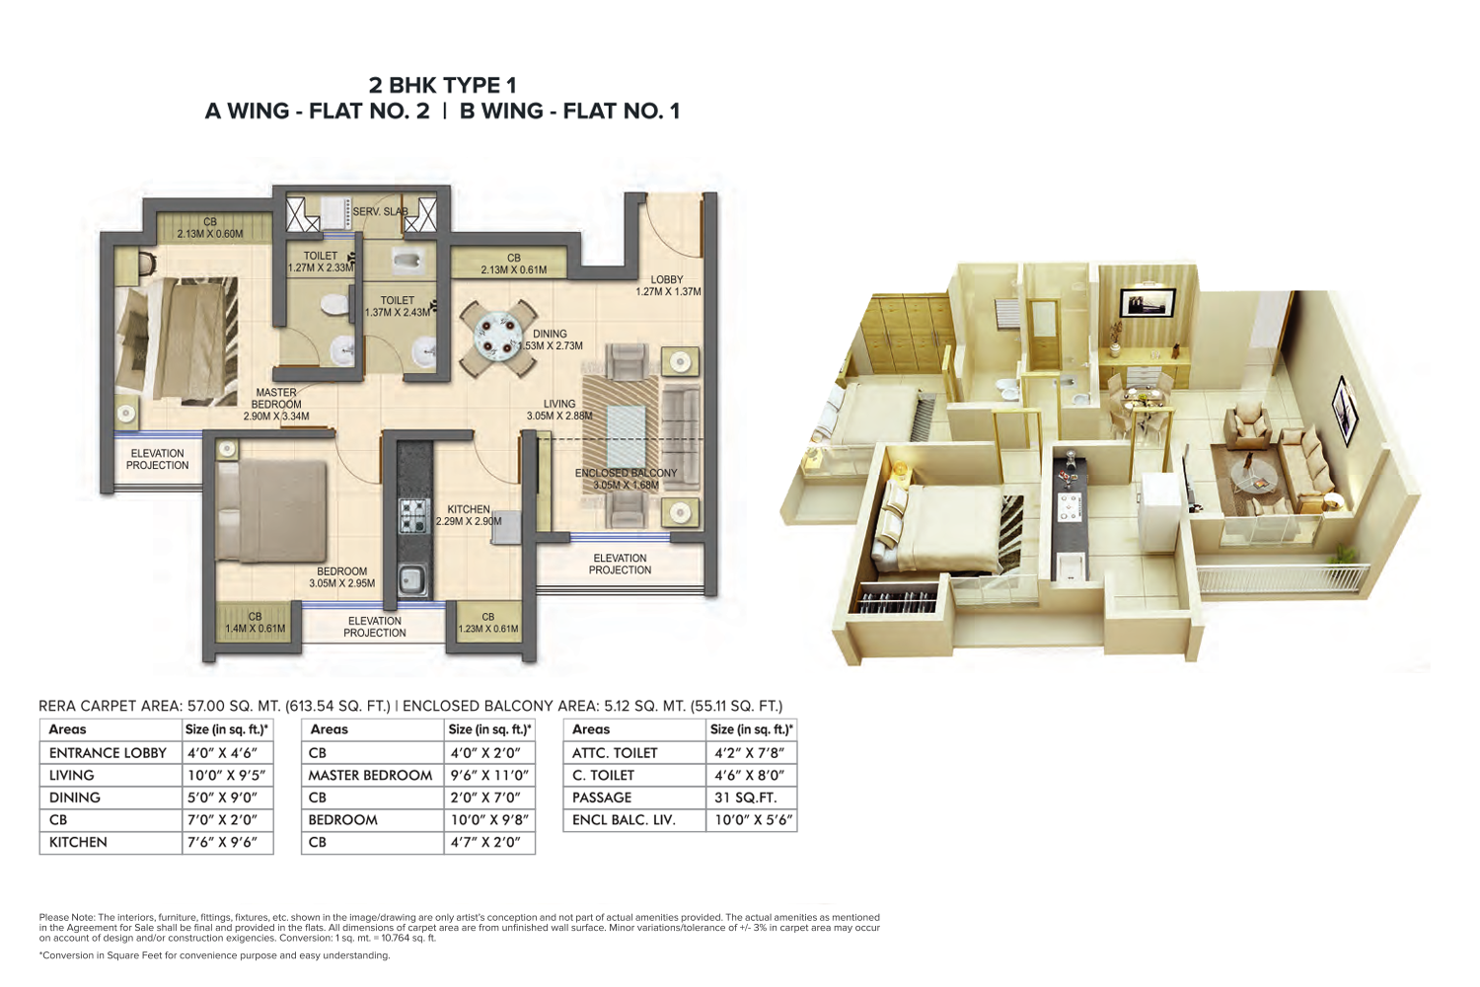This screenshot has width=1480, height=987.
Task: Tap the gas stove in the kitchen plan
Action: [414, 516]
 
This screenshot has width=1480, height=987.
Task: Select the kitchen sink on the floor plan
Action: [413, 579]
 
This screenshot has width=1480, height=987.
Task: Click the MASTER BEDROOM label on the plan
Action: [276, 398]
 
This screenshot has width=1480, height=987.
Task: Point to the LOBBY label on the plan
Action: [667, 279]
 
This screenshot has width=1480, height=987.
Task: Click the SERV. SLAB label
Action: [381, 211]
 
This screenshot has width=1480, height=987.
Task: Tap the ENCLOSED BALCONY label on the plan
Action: [626, 473]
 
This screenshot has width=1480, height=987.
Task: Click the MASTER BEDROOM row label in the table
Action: [370, 775]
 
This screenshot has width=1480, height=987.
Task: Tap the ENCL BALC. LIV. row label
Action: [624, 820]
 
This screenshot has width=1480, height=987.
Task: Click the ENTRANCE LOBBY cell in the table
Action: [108, 752]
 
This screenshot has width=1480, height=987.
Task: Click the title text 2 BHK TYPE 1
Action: [443, 85]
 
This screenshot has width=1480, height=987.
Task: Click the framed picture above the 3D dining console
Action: [1147, 302]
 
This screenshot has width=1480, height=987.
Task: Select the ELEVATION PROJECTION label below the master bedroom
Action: [157, 459]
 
